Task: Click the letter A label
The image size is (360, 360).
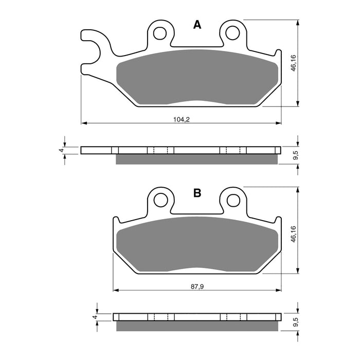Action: tap(196, 25)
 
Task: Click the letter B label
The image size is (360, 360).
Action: tap(196, 193)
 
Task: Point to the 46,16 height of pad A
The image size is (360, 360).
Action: tap(293, 63)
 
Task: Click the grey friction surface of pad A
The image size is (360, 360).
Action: tap(198, 77)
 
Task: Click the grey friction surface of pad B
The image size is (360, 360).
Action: tap(198, 244)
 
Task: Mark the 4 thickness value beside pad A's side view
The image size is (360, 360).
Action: tap(61, 150)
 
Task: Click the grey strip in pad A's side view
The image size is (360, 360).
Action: tap(198, 159)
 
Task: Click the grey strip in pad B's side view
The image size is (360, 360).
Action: tap(198, 327)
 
